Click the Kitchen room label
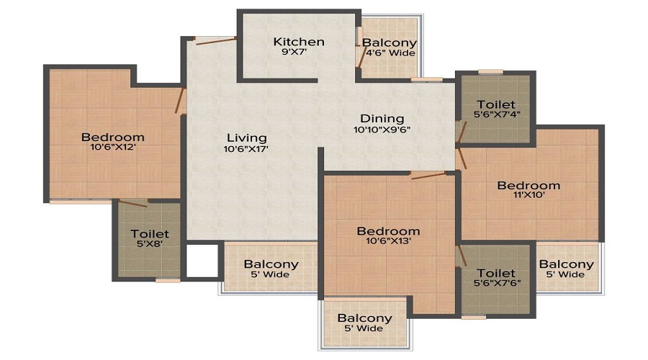click(x=299, y=42)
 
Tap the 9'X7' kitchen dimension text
click(x=299, y=52)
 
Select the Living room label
click(x=247, y=138)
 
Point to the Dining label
click(x=382, y=119)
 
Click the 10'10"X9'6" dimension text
click(x=382, y=130)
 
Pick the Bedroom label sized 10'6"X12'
click(x=113, y=138)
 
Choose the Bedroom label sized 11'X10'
click(x=528, y=186)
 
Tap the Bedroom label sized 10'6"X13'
click(x=389, y=231)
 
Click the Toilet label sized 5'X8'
click(x=150, y=234)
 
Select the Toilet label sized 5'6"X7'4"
click(x=496, y=104)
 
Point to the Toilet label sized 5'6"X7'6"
click(x=496, y=273)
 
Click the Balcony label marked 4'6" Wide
click(x=390, y=42)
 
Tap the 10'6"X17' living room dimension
click(x=246, y=149)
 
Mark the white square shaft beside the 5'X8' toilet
click(x=202, y=261)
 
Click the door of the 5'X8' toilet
click(x=133, y=203)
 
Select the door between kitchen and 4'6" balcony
click(x=362, y=57)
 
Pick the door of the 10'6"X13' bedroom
click(x=428, y=176)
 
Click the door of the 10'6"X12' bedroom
click(x=180, y=100)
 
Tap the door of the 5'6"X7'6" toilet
click(x=462, y=256)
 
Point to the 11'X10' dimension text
click(x=529, y=196)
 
